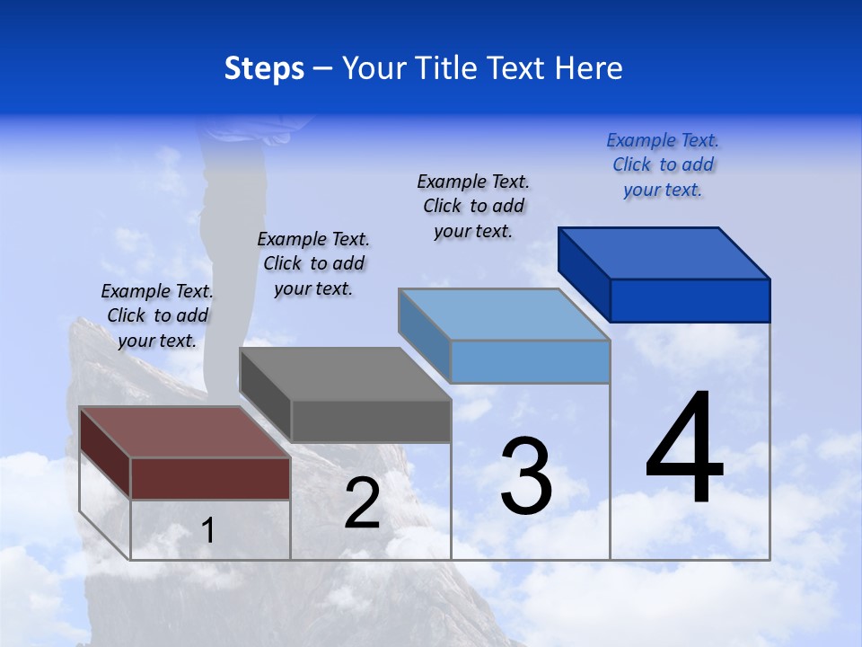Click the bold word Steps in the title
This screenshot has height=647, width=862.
point(264,68)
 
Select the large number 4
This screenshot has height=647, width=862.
point(684,448)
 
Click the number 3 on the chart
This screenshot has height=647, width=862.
point(526,476)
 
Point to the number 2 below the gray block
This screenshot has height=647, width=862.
point(362,503)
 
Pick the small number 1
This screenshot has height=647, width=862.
point(208,531)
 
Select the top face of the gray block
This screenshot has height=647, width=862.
point(345,373)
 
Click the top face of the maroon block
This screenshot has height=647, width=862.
point(185,432)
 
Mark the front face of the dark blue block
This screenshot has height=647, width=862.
point(690,300)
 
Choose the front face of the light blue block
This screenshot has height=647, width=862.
point(530,361)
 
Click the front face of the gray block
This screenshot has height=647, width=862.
point(371,421)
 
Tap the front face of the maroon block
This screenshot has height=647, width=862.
point(210,478)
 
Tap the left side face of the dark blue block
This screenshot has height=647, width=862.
point(584,274)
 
